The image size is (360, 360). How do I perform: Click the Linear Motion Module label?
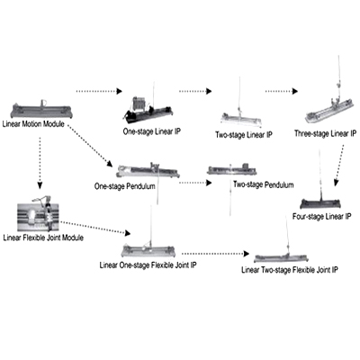(x=33, y=123)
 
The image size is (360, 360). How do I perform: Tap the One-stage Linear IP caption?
(x=152, y=131)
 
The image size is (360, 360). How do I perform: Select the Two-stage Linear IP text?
(x=244, y=135)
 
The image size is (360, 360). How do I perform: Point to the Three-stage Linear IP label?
(x=325, y=133)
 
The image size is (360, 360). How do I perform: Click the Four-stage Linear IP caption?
(x=322, y=216)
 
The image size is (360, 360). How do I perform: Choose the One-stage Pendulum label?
(x=125, y=186)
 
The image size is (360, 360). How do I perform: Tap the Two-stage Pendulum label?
(x=264, y=184)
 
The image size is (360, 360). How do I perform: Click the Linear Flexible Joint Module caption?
(x=43, y=238)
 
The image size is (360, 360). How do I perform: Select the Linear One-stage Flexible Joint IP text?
(x=148, y=265)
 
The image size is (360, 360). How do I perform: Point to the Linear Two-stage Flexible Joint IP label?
(x=290, y=270)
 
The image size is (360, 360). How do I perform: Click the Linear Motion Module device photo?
(x=41, y=110)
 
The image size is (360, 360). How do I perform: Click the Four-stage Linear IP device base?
(x=320, y=203)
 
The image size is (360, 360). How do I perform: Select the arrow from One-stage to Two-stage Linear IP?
(x=195, y=91)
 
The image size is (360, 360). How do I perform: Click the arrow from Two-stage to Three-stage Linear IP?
(x=282, y=91)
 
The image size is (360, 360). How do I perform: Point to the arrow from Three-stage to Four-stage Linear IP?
(x=339, y=166)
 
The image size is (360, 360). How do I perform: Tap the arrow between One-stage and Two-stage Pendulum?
(x=195, y=183)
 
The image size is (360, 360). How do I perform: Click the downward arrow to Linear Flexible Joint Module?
(x=40, y=163)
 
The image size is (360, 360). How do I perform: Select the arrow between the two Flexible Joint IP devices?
(x=216, y=254)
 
